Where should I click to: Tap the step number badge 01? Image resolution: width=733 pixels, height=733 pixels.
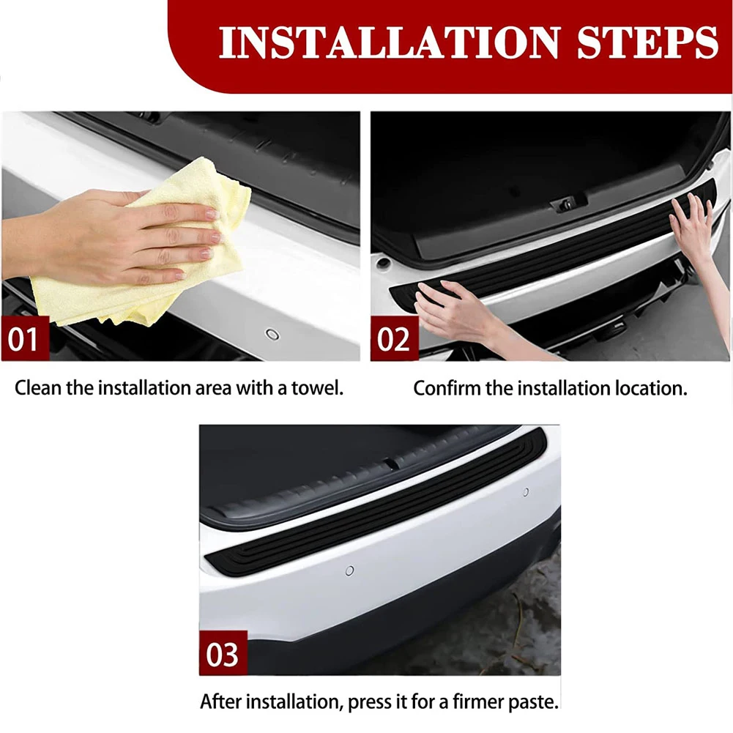click(25, 339)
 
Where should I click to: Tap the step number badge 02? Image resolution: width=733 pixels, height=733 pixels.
click(394, 339)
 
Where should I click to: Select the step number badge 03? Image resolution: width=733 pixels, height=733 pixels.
click(223, 653)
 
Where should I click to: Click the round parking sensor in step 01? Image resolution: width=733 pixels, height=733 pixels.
click(272, 334)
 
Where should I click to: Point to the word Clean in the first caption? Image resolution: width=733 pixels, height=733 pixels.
click(38, 387)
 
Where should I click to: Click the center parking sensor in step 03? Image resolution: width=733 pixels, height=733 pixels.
click(349, 570)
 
